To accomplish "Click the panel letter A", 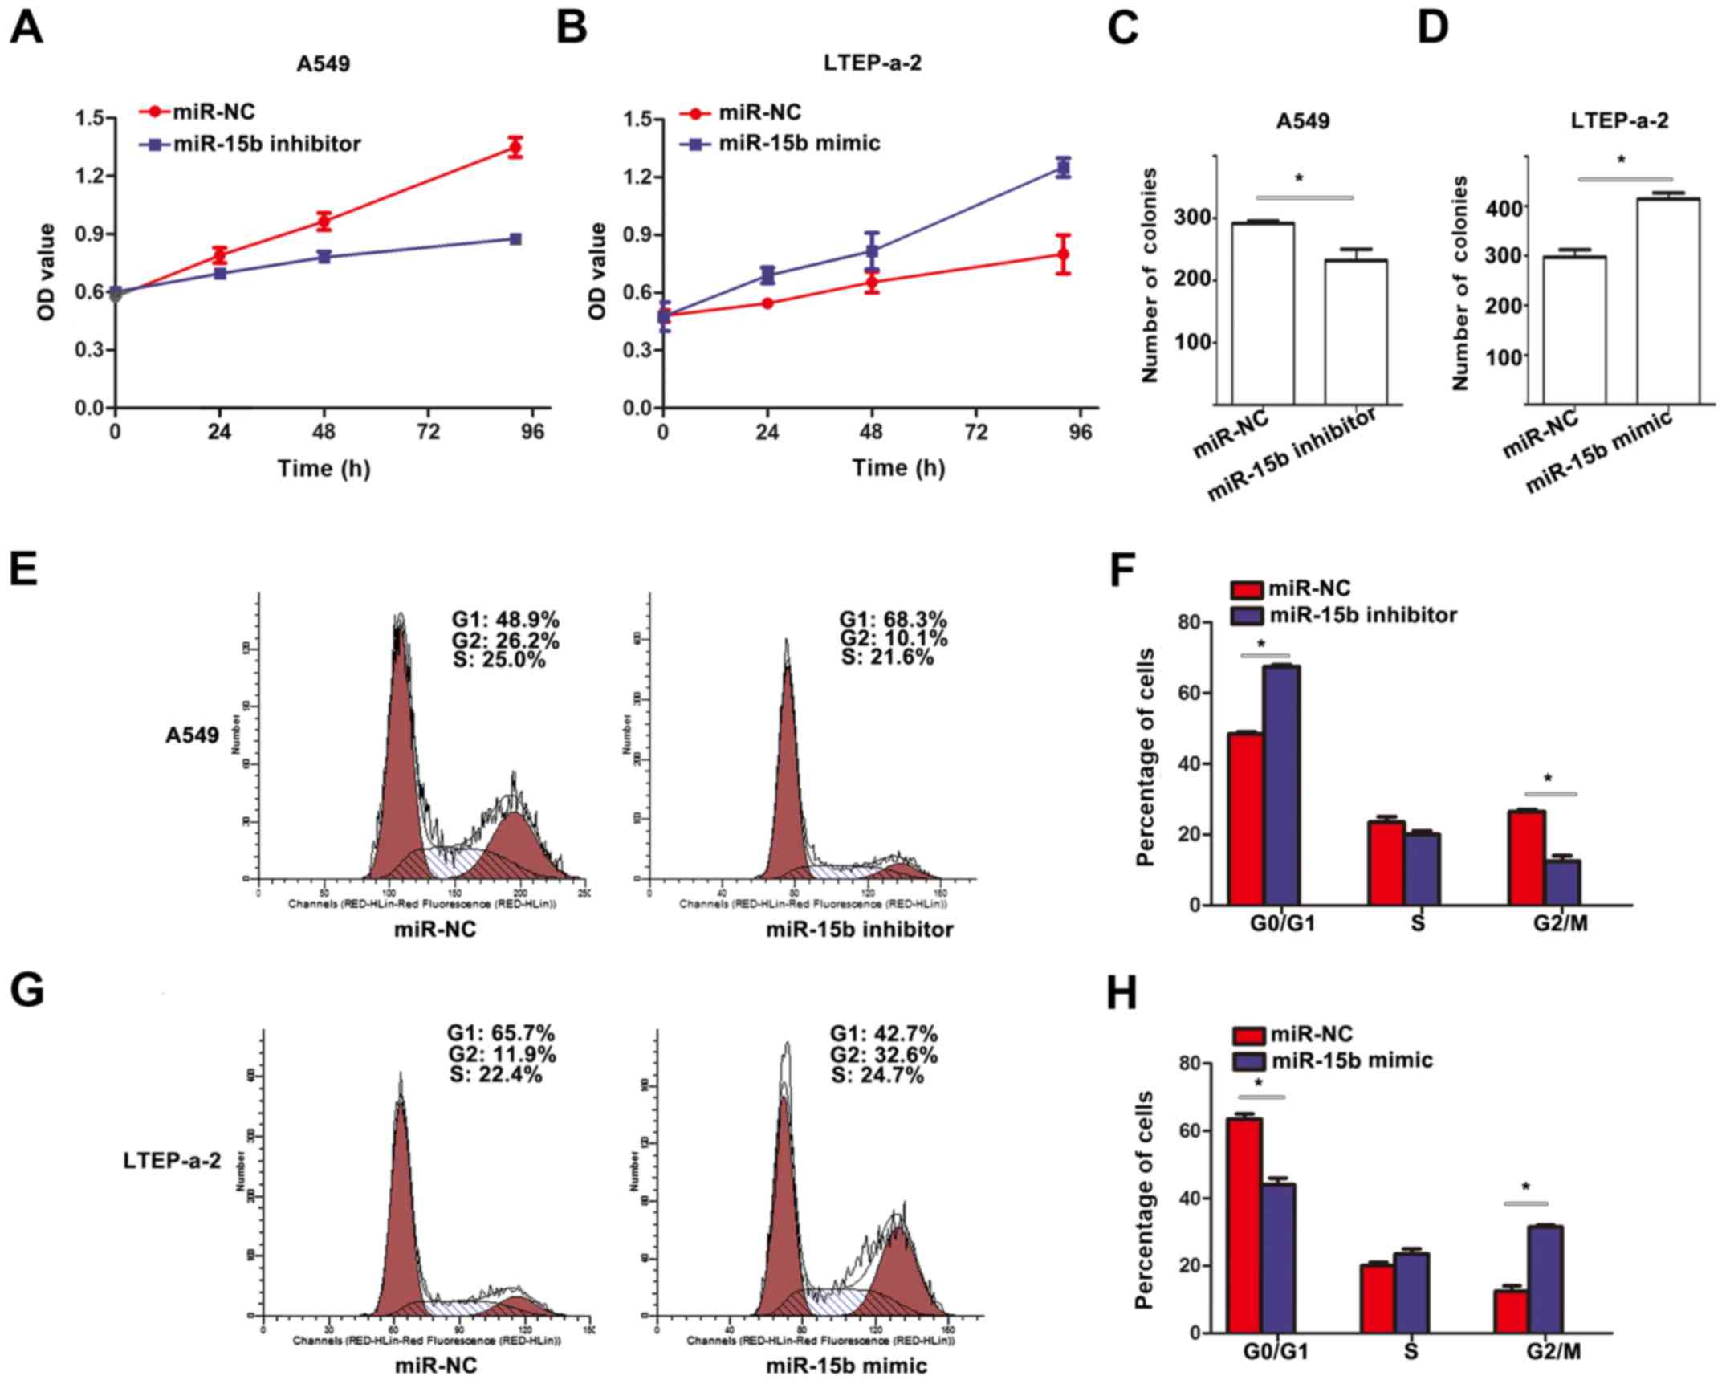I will tap(26, 27).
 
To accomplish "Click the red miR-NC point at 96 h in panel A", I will tap(515, 148).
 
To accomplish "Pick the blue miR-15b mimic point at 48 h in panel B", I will tap(872, 251).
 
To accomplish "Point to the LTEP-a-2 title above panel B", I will tap(872, 63).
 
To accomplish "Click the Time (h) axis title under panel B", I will tap(898, 468).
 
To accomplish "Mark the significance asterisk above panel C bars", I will tap(1299, 179).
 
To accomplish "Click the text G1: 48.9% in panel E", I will tap(505, 621).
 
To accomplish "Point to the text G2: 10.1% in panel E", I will tap(894, 639).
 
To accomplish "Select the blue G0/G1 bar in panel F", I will tap(1282, 784).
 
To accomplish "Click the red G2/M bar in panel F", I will tap(1526, 857).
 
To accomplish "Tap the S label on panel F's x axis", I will tap(1418, 924).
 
